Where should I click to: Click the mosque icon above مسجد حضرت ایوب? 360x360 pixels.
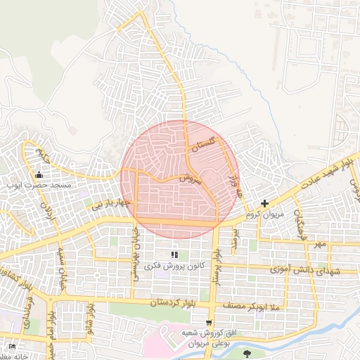[x=39, y=175]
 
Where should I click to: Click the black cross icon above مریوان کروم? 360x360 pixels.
[x=264, y=203]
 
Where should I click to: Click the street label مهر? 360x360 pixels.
[x=321, y=244]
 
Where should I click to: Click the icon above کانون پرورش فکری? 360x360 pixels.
[x=174, y=255]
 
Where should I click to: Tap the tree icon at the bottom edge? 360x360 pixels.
[x=247, y=354]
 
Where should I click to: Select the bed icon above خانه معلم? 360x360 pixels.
[x=12, y=347]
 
